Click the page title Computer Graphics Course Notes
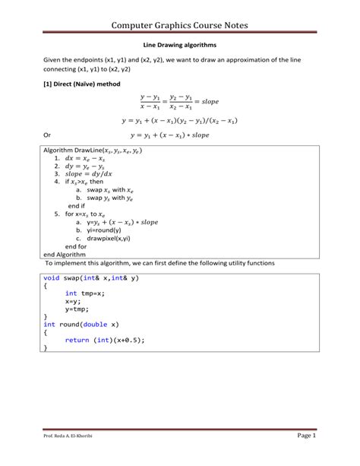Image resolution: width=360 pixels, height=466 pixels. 179,26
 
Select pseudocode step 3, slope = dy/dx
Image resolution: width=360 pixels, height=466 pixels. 89,174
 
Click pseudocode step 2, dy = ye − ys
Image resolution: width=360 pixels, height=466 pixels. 88,166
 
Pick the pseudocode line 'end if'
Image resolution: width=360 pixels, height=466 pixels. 76,206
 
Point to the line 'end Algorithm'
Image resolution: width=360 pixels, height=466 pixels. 66,254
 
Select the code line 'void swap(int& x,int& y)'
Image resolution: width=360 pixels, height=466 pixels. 91,277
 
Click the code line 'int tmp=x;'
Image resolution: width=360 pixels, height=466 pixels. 84,293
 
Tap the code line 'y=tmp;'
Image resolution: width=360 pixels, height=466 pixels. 77,309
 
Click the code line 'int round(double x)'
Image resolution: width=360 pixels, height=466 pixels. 81,325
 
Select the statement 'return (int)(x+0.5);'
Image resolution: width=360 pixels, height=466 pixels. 104,340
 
